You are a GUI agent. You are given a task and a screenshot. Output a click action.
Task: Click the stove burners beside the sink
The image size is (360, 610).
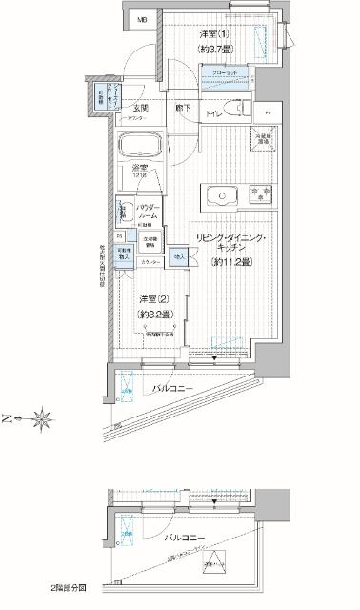pyautogui.click(x=259, y=198)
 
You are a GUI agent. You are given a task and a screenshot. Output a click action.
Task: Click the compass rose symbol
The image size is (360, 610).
pyautogui.click(x=43, y=417)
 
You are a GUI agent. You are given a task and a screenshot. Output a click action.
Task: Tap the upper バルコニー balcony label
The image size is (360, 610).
pyautogui.click(x=174, y=389)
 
